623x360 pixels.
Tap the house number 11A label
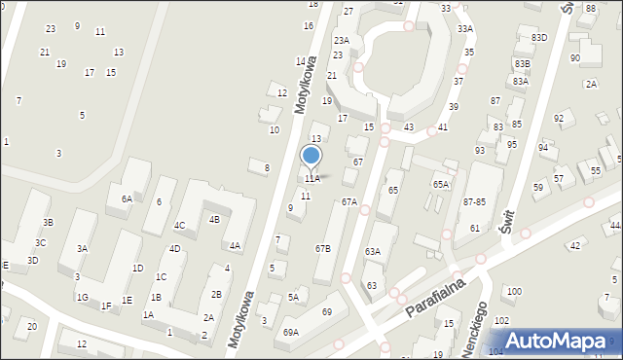311,179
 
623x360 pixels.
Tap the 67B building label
322,249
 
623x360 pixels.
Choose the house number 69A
291,333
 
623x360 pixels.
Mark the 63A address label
373,252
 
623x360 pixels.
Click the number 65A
441,184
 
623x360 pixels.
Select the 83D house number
539,38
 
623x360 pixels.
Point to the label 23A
341,41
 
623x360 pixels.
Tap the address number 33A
464,29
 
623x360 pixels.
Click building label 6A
127,199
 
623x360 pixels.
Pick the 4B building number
213,220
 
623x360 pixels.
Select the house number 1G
83,297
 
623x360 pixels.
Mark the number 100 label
514,292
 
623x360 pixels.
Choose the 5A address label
293,298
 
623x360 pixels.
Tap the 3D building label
32,261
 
